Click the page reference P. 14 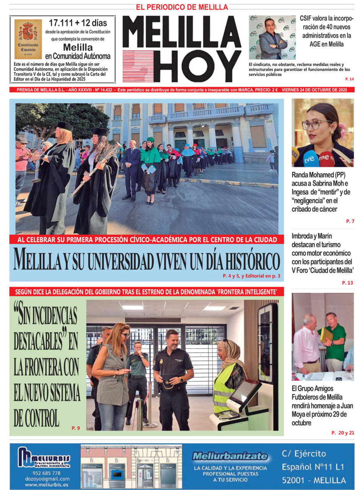(349, 79)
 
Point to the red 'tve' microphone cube (327, 158)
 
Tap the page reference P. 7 (350, 221)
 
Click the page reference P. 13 (347, 283)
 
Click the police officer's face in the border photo (171, 340)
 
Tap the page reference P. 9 (76, 428)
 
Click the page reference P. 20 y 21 (343, 433)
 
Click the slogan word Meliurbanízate (230, 456)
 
